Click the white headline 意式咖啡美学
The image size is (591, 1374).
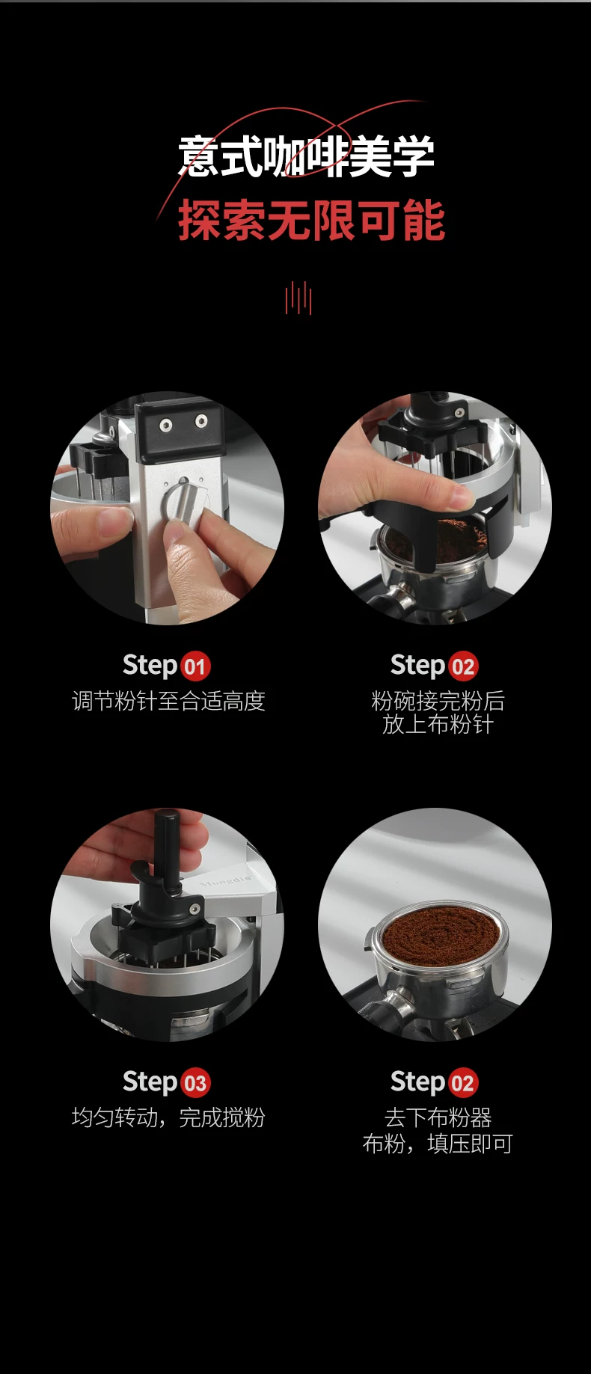point(307,156)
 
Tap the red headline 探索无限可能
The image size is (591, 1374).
point(311,221)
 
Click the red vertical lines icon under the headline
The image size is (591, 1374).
point(298,298)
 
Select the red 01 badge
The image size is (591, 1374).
point(195,666)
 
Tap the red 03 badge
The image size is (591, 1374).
point(195,1082)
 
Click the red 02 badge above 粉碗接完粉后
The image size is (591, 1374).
point(463,666)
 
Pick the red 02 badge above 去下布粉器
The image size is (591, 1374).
point(463,1082)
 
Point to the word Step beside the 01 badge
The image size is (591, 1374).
point(150,665)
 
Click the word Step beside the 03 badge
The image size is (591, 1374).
point(150,1082)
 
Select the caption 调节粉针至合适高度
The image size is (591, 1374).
point(168,701)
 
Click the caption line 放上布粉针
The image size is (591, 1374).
point(438,724)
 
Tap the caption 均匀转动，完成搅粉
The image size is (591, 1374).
point(168,1117)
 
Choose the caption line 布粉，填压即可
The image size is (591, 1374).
point(438,1144)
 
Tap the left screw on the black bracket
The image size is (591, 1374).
point(166,426)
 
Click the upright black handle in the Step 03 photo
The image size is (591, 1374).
point(167,849)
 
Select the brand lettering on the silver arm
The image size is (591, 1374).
point(225,881)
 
